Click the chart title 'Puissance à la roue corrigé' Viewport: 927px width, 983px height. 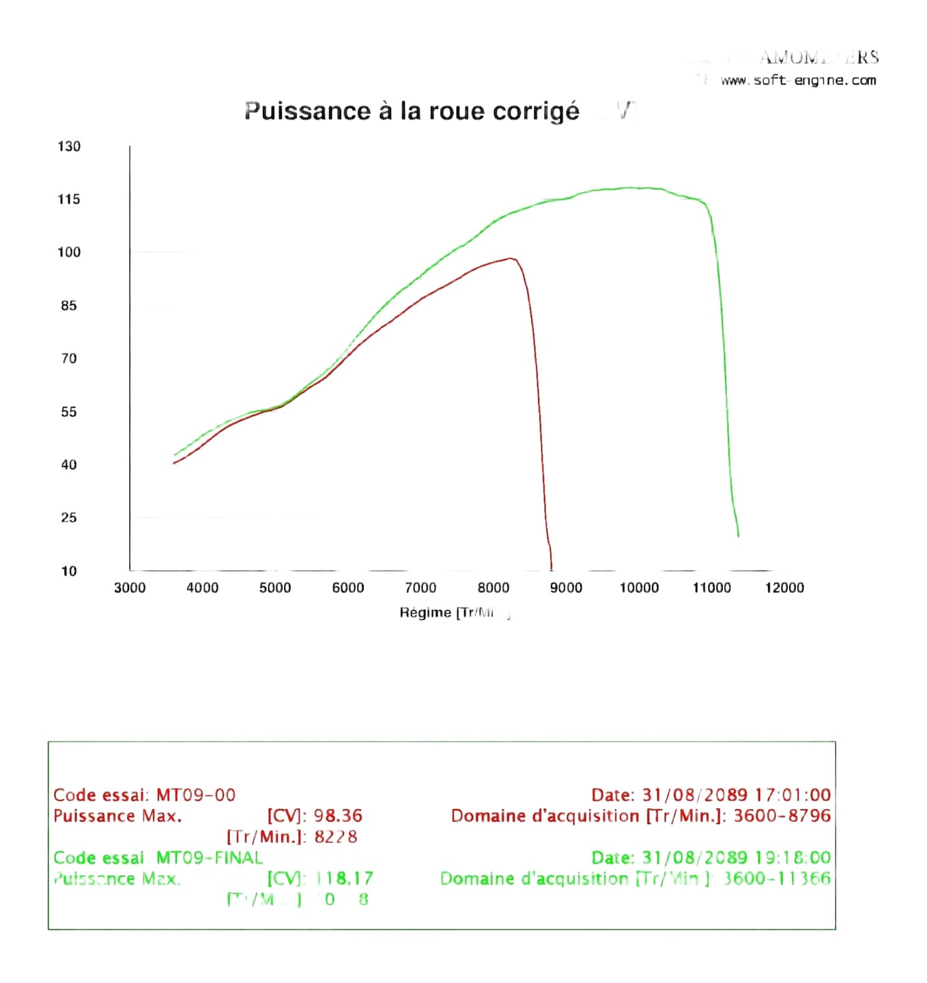click(412, 111)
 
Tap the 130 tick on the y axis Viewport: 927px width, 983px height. click(69, 146)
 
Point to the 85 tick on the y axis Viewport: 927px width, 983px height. click(69, 306)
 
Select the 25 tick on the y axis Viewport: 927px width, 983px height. click(69, 517)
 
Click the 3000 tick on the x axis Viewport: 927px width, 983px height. click(130, 588)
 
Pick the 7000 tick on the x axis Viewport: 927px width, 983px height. click(420, 588)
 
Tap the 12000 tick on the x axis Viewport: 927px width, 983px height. click(784, 588)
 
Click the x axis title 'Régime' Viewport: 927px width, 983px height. click(425, 612)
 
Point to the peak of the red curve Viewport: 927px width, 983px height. click(511, 258)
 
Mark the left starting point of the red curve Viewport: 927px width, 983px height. click(174, 464)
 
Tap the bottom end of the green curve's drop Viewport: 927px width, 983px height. click(738, 536)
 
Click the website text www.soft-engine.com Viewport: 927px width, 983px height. click(798, 81)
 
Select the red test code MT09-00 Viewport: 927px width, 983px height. click(196, 795)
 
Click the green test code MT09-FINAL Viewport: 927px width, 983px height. click(210, 857)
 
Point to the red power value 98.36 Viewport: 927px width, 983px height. click(338, 816)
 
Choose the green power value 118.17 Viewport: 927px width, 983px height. click(344, 879)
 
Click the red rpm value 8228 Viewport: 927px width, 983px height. click(335, 837)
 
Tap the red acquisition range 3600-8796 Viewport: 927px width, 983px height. click(782, 816)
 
